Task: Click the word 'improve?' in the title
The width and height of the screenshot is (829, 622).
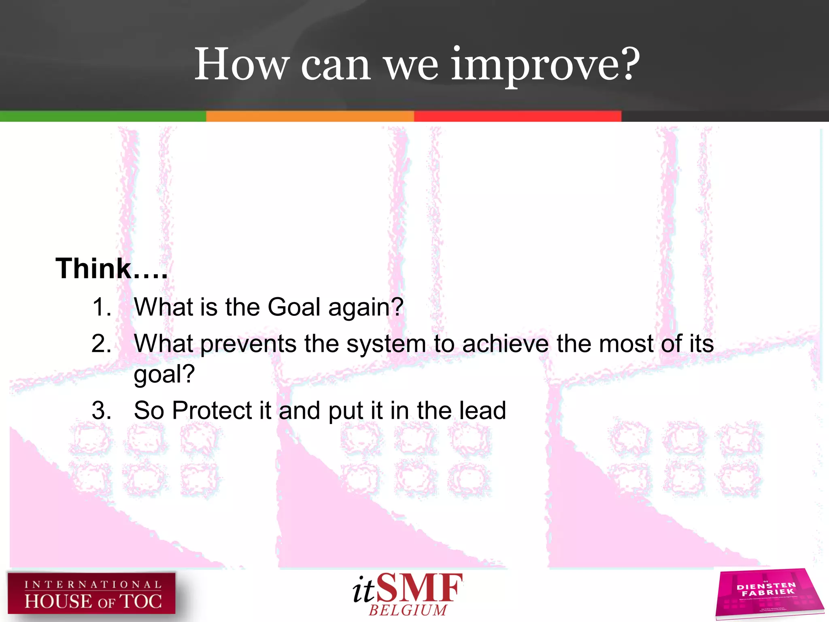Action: [545, 65]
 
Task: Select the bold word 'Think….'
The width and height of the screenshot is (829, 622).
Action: [111, 268]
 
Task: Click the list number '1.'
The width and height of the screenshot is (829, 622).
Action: [102, 307]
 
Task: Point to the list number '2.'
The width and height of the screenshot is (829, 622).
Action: [102, 344]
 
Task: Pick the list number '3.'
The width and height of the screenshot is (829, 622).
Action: [102, 410]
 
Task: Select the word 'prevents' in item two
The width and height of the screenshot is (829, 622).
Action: [249, 345]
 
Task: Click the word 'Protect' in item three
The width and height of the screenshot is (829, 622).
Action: [212, 410]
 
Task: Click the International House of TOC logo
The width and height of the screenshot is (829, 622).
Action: [91, 593]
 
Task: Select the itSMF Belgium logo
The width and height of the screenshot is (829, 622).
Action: [407, 594]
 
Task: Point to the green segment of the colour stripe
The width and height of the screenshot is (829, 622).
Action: [103, 116]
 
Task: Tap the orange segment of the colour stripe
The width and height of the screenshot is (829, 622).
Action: [310, 116]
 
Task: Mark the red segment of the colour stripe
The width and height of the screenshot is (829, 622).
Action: [517, 116]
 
